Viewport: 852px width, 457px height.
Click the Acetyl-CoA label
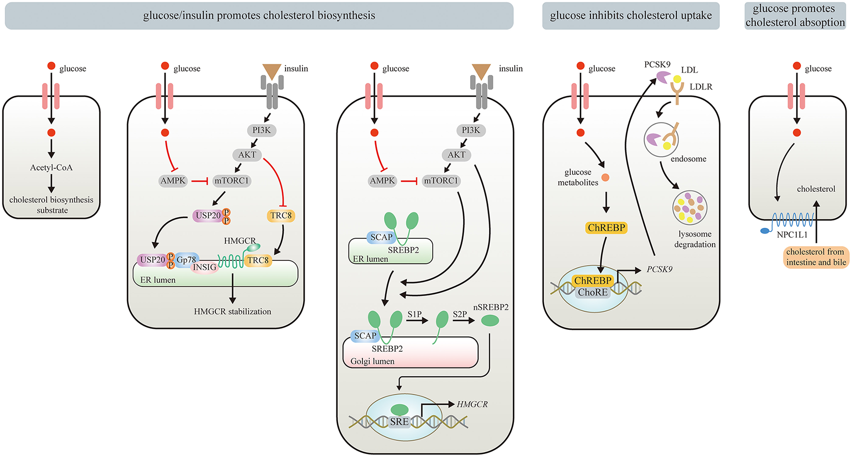[x=51, y=168]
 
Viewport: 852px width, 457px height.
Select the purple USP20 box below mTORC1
[x=208, y=215]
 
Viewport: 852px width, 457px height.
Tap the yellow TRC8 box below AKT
[x=281, y=215]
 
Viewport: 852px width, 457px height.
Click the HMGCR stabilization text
[x=232, y=311]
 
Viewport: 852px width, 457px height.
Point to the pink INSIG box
[x=204, y=268]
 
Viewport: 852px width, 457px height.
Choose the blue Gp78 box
[x=187, y=259]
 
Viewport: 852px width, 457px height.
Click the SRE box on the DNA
[x=399, y=421]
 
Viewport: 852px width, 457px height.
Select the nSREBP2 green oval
[x=490, y=320]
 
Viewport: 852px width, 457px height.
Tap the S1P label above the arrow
[x=414, y=314]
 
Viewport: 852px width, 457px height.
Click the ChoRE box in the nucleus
[x=592, y=292]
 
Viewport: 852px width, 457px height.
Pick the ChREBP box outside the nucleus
[x=606, y=227]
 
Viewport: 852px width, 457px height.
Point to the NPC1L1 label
[x=792, y=235]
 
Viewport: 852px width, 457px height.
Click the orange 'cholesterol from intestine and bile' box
[x=815, y=257]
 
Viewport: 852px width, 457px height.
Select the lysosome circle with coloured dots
[x=689, y=208]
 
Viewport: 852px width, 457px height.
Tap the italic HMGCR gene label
[x=472, y=404]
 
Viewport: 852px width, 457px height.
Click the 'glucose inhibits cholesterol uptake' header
[x=630, y=15]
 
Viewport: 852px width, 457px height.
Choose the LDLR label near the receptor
[x=701, y=87]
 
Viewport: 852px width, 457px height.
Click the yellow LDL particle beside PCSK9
[x=677, y=79]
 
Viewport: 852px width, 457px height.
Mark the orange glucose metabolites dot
[x=605, y=177]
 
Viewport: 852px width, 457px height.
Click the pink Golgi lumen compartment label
[x=372, y=361]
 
